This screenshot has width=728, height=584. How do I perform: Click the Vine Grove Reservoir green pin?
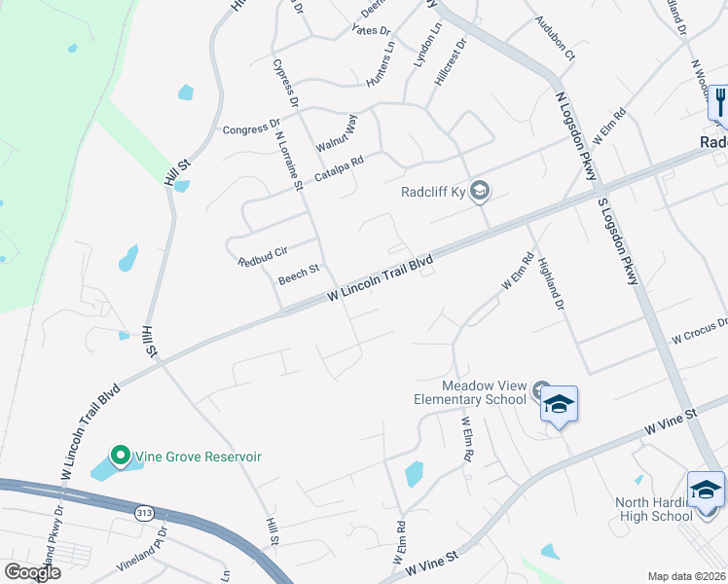pos(120,455)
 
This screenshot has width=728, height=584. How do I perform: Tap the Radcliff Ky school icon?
pos(479,190)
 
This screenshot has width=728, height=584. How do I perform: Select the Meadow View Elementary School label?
pos(474,392)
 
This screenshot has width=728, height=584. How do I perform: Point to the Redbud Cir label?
pos(263,256)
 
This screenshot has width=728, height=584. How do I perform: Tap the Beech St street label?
pos(299,274)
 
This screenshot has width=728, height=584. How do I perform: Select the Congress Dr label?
pos(251,128)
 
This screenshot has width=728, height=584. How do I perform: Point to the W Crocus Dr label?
pos(700,330)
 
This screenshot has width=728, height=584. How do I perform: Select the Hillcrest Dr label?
pos(451,64)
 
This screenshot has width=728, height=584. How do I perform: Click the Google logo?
pos(31,572)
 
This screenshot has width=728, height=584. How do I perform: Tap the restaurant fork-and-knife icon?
pos(719,101)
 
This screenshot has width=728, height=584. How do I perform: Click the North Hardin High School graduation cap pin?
pos(706,490)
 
